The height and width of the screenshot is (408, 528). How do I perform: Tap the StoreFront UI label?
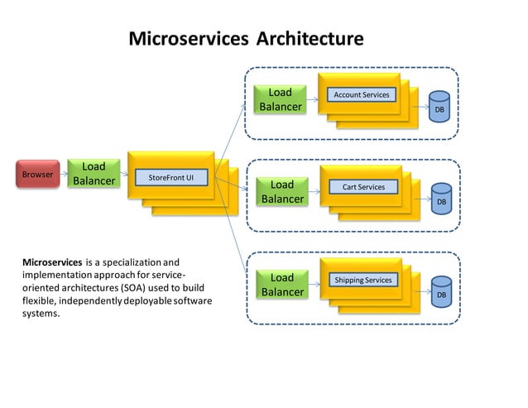pos(170,177)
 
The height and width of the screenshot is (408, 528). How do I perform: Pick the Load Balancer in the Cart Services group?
pos(282,191)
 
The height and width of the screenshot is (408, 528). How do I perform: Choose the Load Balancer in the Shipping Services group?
pos(282,284)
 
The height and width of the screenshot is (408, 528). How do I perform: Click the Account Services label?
pos(361,95)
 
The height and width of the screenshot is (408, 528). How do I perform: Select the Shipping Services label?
pos(362,280)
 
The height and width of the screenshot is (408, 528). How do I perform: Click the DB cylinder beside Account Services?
pos(439,108)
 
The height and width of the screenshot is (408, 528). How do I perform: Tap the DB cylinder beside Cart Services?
pos(441,201)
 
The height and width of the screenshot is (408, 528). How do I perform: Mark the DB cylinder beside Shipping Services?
pos(441,294)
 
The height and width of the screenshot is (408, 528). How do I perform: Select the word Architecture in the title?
pos(310,39)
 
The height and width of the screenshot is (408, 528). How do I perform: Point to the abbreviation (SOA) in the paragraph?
pos(132,287)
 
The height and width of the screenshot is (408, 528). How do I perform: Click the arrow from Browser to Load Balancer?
pos(64,175)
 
